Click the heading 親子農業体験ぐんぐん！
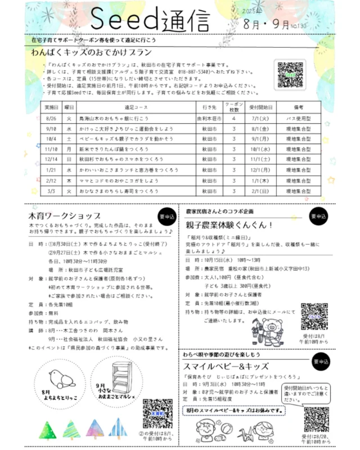[229, 225]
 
